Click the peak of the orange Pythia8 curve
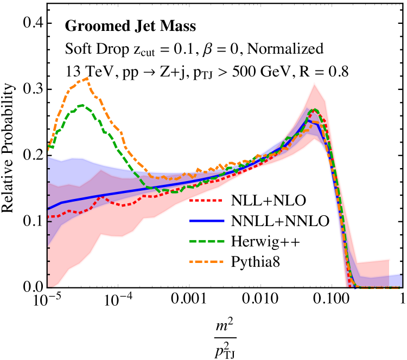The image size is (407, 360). pyautogui.click(x=85, y=78)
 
